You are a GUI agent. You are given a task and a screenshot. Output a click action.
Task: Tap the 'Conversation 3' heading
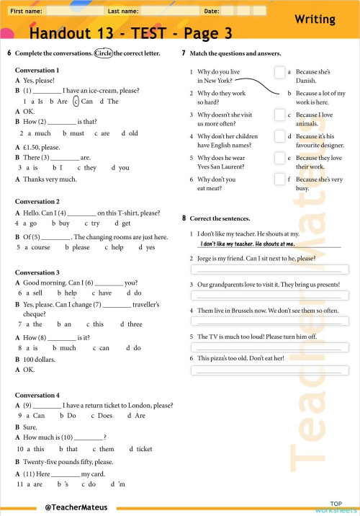[37, 272]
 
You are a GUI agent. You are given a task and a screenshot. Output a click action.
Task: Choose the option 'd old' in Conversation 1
[130, 133]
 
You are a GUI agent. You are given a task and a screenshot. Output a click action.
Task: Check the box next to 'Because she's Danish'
[279, 72]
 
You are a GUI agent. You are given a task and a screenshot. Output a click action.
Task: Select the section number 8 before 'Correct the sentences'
[184, 218]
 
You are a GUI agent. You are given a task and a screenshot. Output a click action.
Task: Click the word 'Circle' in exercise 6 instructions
[103, 53]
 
